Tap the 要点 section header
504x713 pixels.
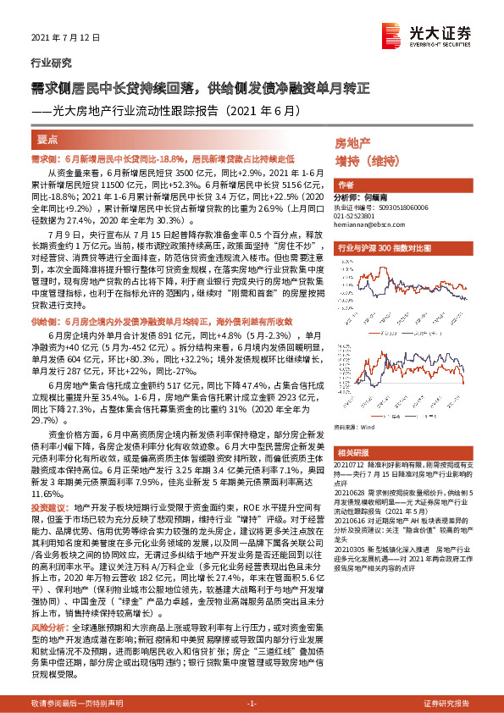click(48, 140)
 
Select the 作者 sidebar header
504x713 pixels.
click(346, 184)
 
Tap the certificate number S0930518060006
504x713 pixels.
click(396, 206)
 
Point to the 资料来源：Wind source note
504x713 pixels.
click(355, 428)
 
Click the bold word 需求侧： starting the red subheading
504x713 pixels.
click(47, 158)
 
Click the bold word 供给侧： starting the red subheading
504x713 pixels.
click(47, 298)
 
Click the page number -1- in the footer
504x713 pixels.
click(252, 704)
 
